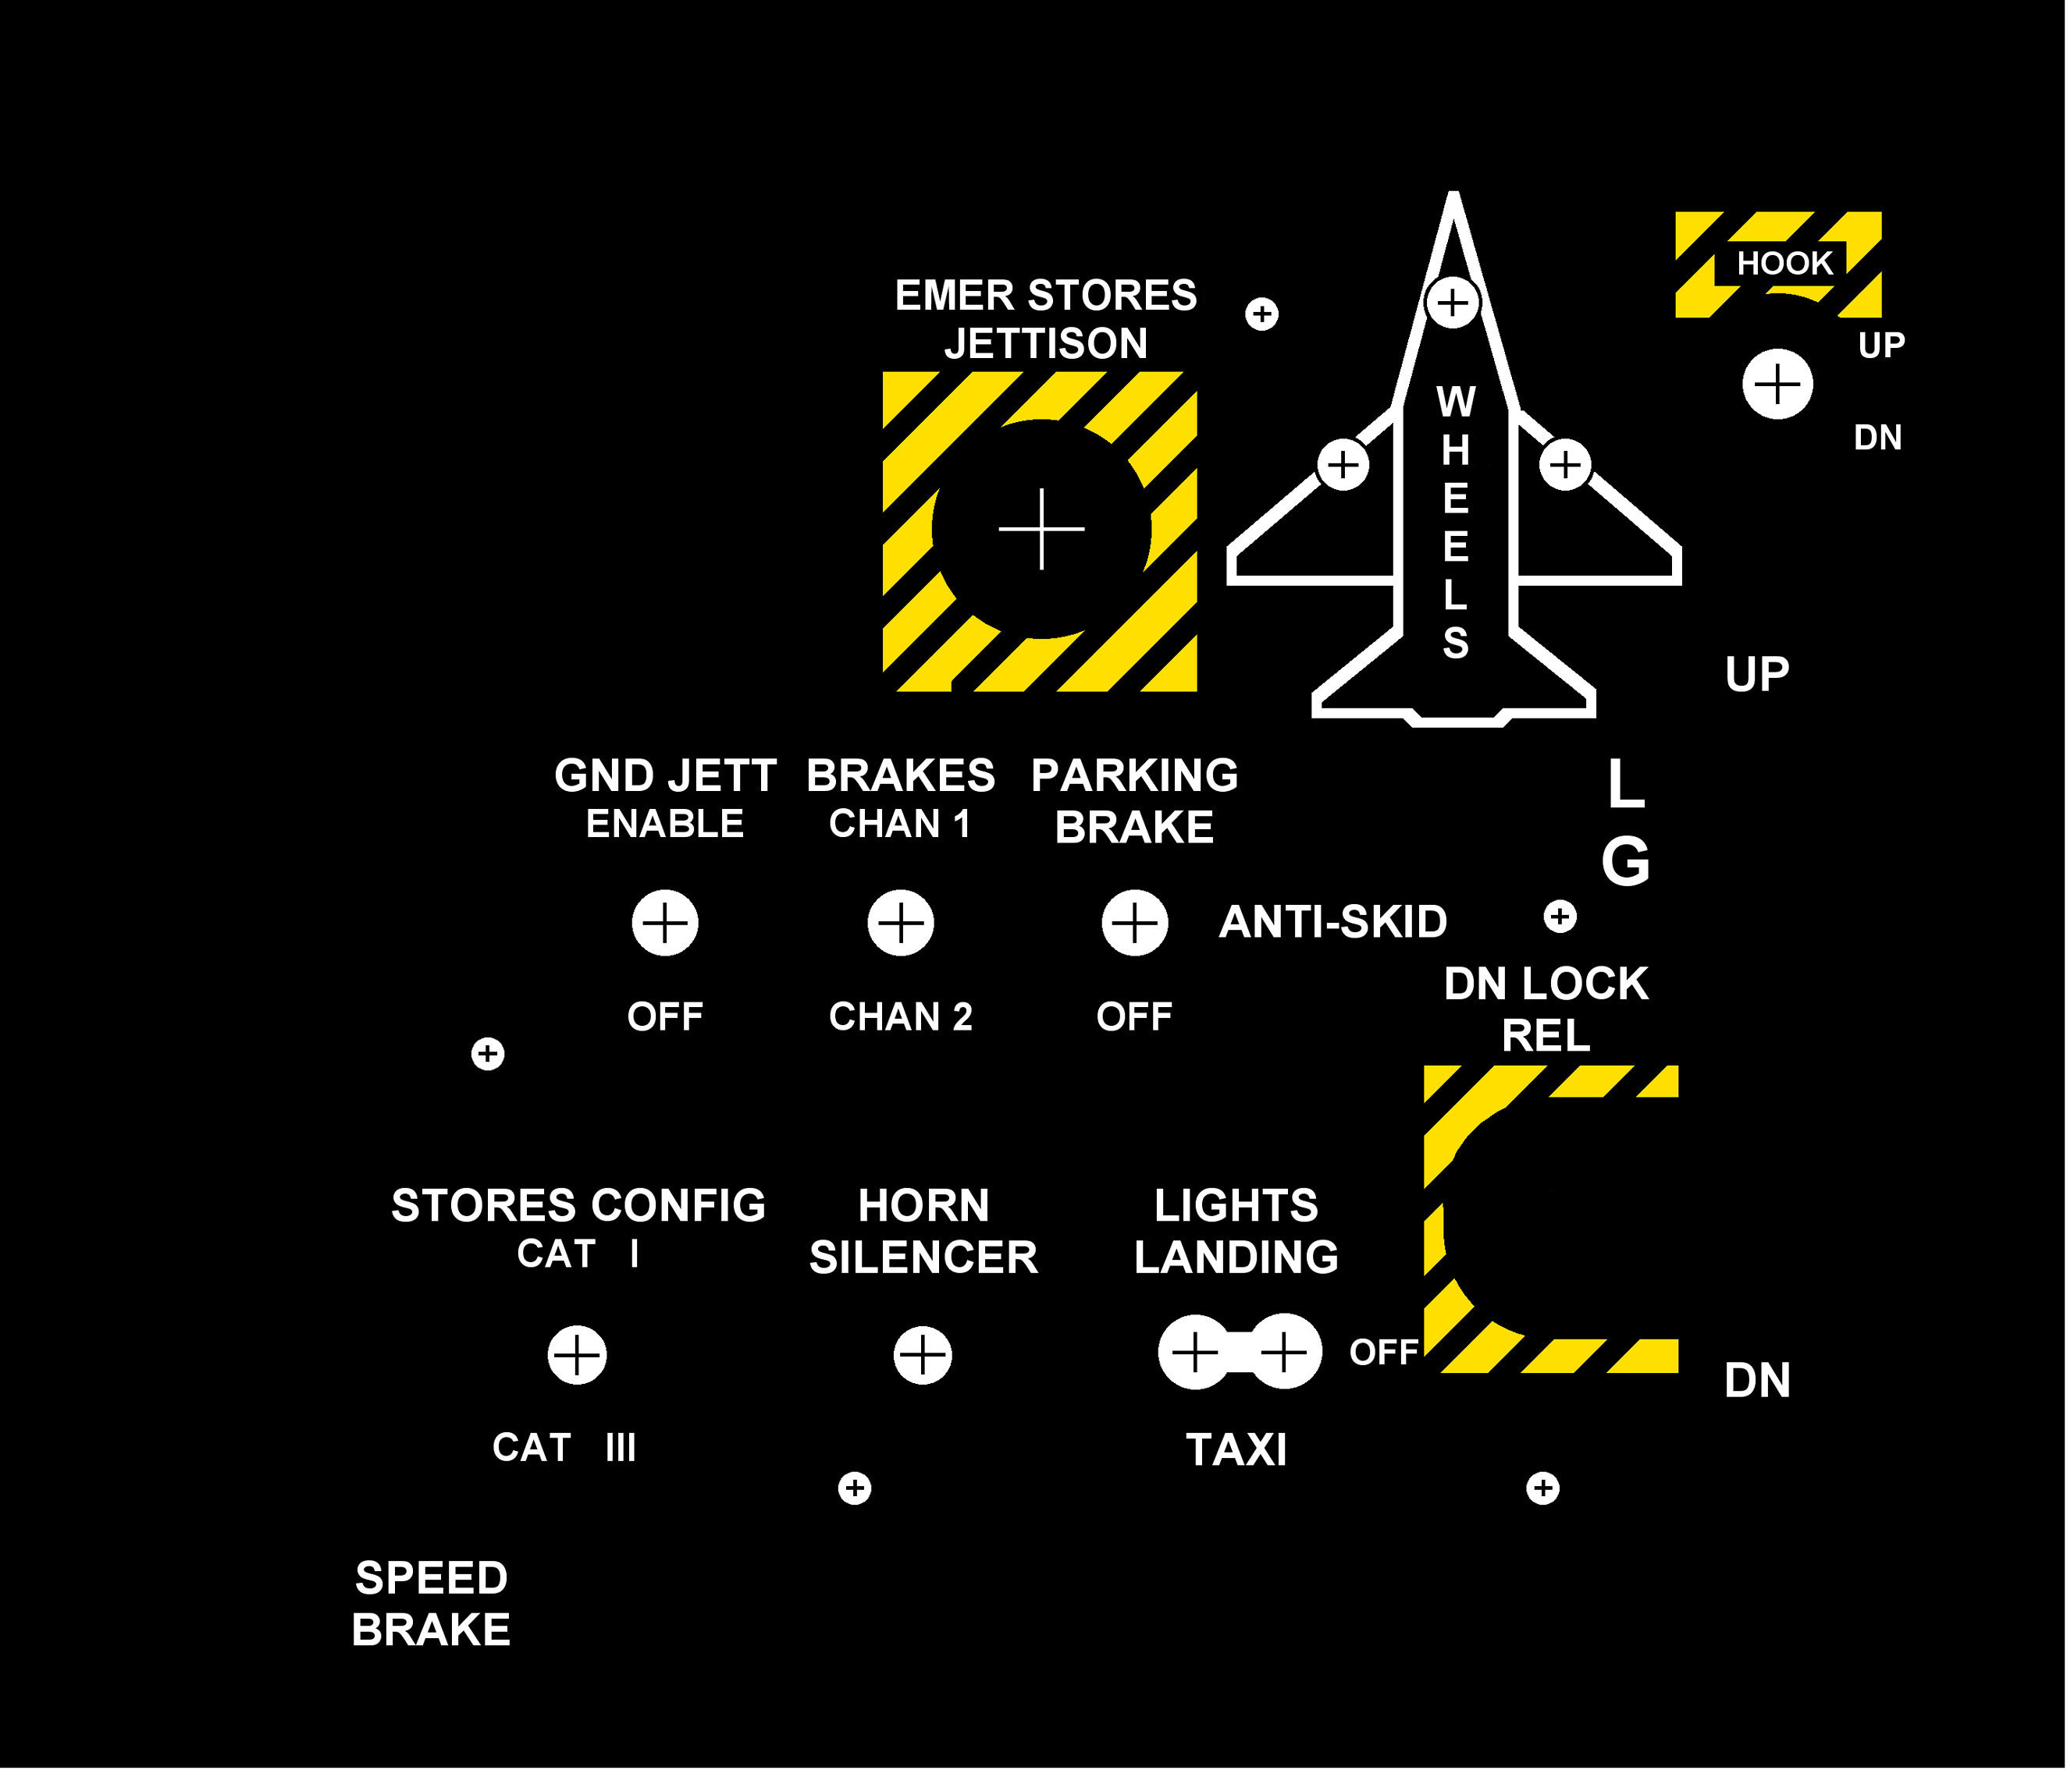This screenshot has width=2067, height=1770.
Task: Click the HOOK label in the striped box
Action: click(1784, 263)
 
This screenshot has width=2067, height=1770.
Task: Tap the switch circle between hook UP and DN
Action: click(1777, 384)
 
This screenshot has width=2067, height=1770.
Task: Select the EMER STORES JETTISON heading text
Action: click(1045, 319)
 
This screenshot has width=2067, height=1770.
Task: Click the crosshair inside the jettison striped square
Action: click(1041, 529)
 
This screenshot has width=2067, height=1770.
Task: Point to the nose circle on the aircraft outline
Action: click(1453, 301)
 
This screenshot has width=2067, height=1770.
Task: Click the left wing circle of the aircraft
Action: click(1343, 465)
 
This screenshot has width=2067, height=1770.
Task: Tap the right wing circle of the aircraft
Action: click(1564, 465)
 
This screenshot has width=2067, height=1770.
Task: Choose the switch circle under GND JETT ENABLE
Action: click(665, 922)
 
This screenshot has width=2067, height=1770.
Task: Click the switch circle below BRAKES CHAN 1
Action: click(900, 922)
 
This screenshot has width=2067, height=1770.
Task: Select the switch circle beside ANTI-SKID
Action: click(1134, 922)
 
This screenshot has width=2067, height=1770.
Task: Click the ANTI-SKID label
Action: click(1332, 922)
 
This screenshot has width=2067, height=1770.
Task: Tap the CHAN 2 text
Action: click(900, 1017)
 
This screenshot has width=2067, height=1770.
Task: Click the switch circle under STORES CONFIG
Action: click(577, 1355)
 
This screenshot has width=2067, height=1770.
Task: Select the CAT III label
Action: click(564, 1448)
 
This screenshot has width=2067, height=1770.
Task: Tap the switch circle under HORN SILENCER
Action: click(923, 1355)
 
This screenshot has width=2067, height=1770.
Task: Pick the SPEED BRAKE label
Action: click(431, 1604)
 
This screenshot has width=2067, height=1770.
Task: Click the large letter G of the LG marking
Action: click(1625, 861)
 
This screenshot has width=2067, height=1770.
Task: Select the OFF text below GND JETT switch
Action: click(665, 1017)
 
